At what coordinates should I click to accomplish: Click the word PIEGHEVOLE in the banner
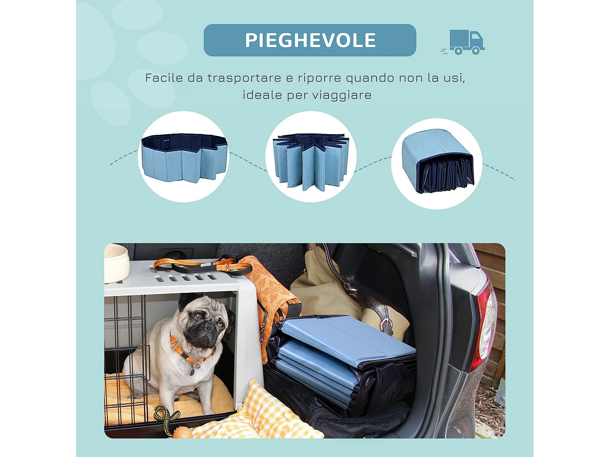tap(310, 40)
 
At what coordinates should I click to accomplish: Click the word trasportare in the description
tap(244, 78)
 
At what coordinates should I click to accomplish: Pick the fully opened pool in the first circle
tap(184, 158)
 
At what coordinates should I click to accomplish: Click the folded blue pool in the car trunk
tap(346, 353)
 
